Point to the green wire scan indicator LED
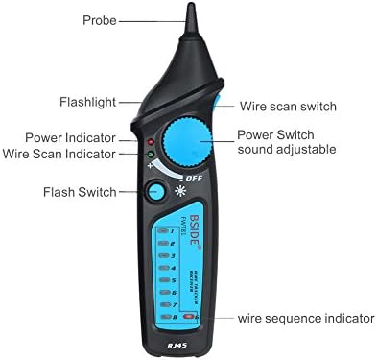pyautogui.click(x=151, y=153)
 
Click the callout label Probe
pyautogui.click(x=101, y=19)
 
